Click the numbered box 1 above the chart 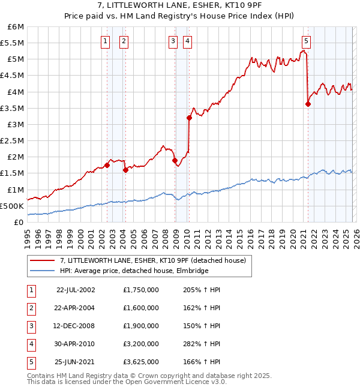[106, 41]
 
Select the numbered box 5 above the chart [307, 41]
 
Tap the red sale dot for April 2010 [189, 118]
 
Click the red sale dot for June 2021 [308, 104]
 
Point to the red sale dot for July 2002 [107, 165]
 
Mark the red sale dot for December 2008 [175, 160]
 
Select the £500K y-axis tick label [13, 206]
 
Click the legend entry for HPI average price [134, 271]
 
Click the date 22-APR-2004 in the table [76, 308]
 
